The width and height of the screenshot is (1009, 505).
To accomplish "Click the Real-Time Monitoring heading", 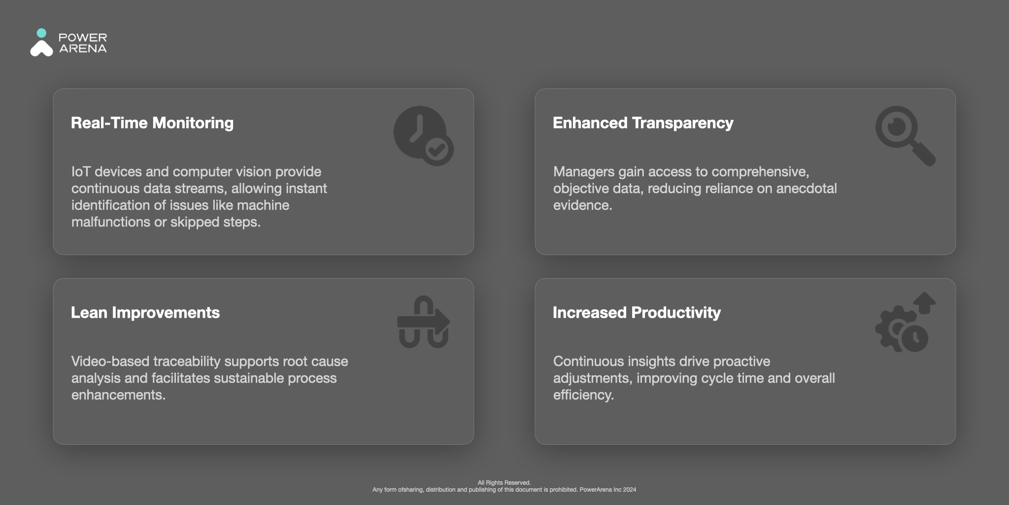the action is [152, 123].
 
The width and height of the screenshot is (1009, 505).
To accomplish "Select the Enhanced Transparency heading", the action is [643, 123].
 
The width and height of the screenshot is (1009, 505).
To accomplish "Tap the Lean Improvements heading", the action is [145, 313].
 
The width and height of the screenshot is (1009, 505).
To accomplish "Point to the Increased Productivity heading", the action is [637, 313].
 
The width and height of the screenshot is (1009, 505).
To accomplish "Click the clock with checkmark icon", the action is [423, 136].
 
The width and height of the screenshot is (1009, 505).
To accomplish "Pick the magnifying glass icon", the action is [905, 136].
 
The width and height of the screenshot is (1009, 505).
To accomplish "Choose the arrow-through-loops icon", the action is [423, 322].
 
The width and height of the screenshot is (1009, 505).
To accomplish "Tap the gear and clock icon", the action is [905, 322].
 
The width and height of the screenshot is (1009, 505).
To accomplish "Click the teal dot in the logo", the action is [42, 33].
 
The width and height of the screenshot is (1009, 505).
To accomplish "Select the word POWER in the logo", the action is [83, 37].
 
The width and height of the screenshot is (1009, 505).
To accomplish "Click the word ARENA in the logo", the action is [83, 48].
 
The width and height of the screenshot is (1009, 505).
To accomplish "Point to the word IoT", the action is [81, 172].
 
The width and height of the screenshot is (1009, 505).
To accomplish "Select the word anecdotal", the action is [807, 188].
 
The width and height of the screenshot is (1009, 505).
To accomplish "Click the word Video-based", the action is [110, 361].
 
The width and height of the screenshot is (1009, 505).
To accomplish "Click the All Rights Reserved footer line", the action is [504, 483].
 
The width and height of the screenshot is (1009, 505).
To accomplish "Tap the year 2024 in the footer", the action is [630, 490].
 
